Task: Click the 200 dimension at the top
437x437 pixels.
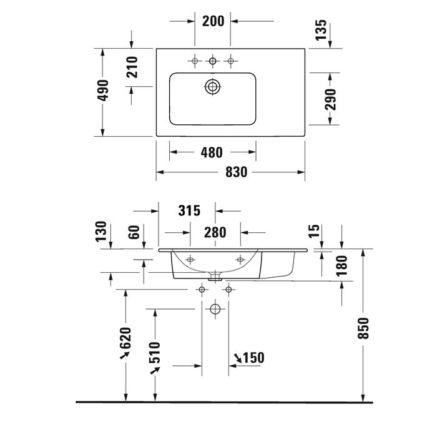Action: click(x=214, y=21)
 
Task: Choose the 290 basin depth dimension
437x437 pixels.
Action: click(x=331, y=99)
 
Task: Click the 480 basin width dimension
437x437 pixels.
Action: click(x=213, y=153)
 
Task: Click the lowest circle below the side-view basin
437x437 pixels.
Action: click(x=215, y=309)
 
